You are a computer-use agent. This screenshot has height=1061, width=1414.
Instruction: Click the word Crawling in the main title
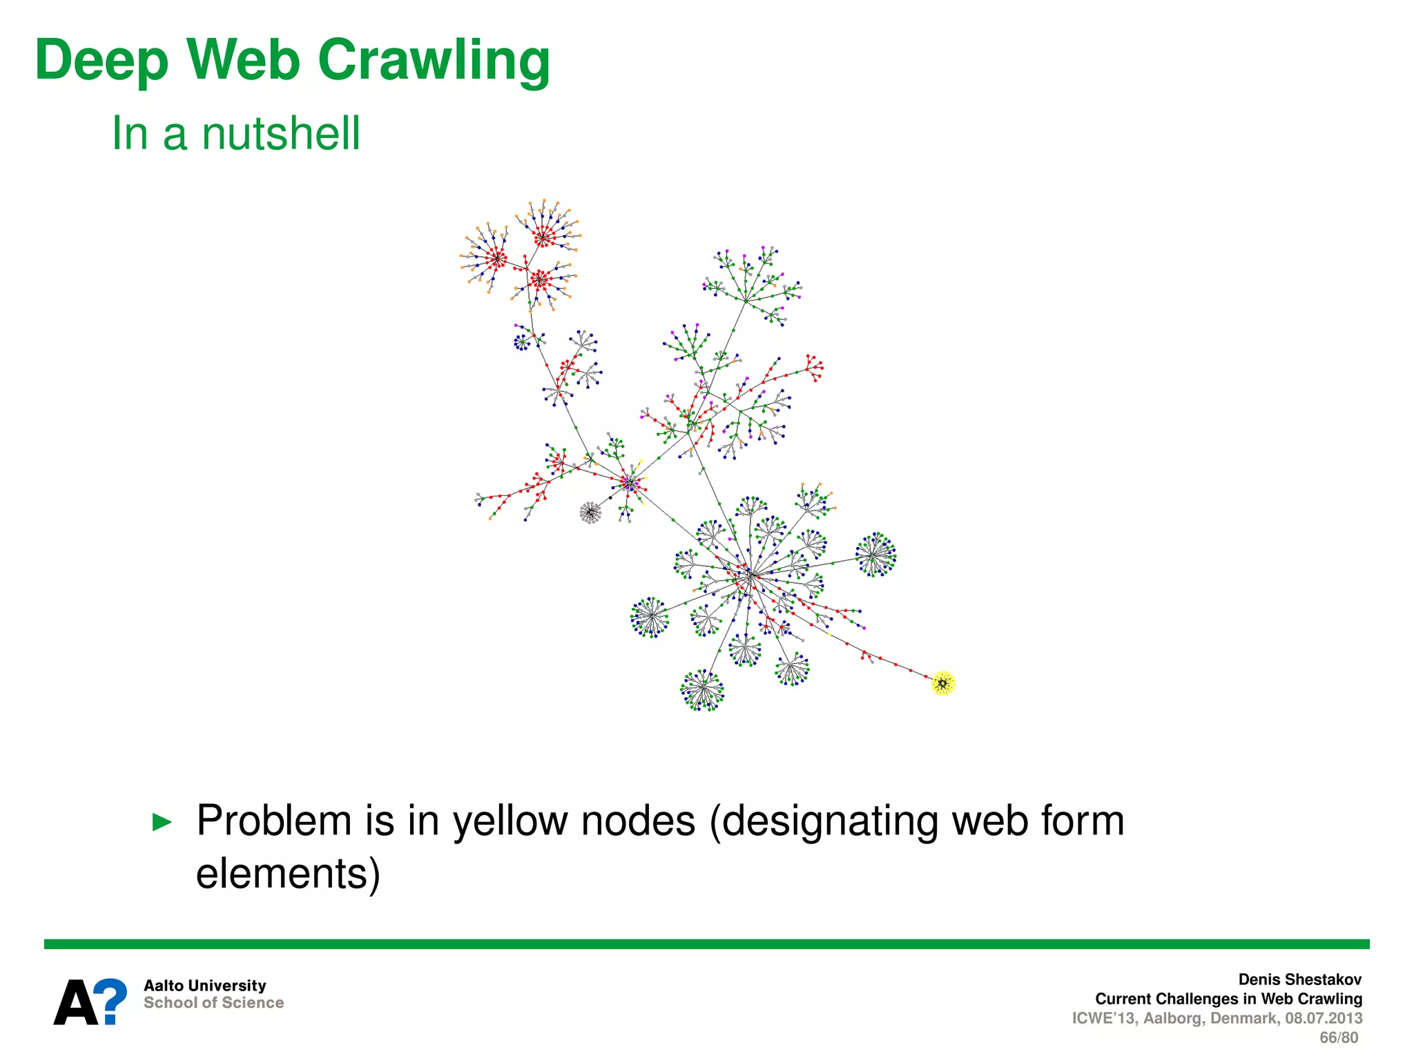[x=433, y=61]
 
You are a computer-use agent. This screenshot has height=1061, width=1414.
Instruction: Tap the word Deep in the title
[x=101, y=61]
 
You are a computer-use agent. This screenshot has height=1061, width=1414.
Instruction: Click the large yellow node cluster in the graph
[x=942, y=683]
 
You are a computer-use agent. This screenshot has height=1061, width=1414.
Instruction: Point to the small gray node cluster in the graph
[x=590, y=513]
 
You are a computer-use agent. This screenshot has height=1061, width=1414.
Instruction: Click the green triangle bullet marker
[x=162, y=822]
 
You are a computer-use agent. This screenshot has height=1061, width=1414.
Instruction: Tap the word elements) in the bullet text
[x=288, y=873]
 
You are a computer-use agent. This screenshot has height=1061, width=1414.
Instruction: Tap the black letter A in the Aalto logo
[x=75, y=1003]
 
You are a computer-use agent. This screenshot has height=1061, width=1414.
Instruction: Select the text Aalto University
[x=204, y=986]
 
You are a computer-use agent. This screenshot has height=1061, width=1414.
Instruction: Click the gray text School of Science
[x=213, y=1003]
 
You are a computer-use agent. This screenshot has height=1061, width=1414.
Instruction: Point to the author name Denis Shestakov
[x=1299, y=979]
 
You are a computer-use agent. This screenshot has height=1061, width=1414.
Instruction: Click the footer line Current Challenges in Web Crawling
[x=1228, y=999]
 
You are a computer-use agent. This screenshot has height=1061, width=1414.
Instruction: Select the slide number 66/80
[x=1338, y=1038]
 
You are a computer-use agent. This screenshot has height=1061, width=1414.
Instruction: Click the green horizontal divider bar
[x=706, y=944]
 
